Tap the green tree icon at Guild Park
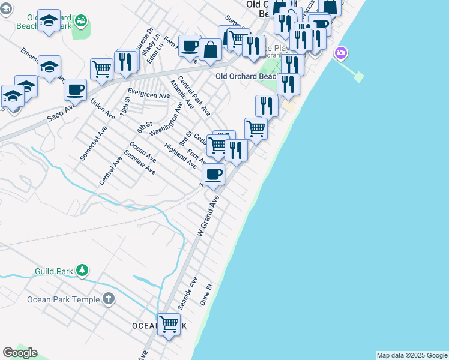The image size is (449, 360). [x=83, y=271]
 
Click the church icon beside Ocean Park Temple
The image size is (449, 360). [x=108, y=298]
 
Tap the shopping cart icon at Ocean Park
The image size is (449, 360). [x=169, y=325]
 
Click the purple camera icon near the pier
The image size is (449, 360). [x=341, y=53]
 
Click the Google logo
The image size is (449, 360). [x=20, y=352]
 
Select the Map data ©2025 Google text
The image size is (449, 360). [x=412, y=355]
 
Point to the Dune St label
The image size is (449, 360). [x=206, y=295]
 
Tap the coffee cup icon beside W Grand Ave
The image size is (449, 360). [x=213, y=175]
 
